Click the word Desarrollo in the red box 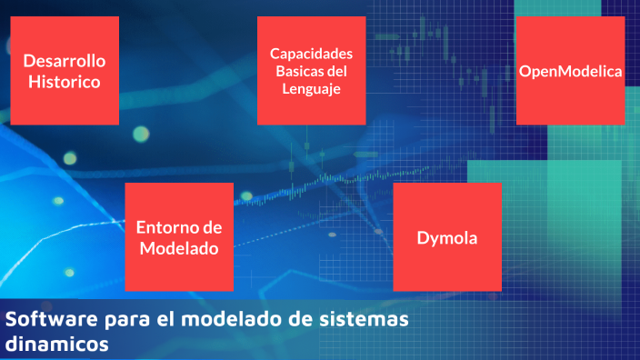65,62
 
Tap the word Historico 64,82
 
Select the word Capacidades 312,54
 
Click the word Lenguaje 312,88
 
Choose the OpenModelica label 570,71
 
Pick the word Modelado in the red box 178,247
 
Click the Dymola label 447,238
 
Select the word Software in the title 44,321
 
